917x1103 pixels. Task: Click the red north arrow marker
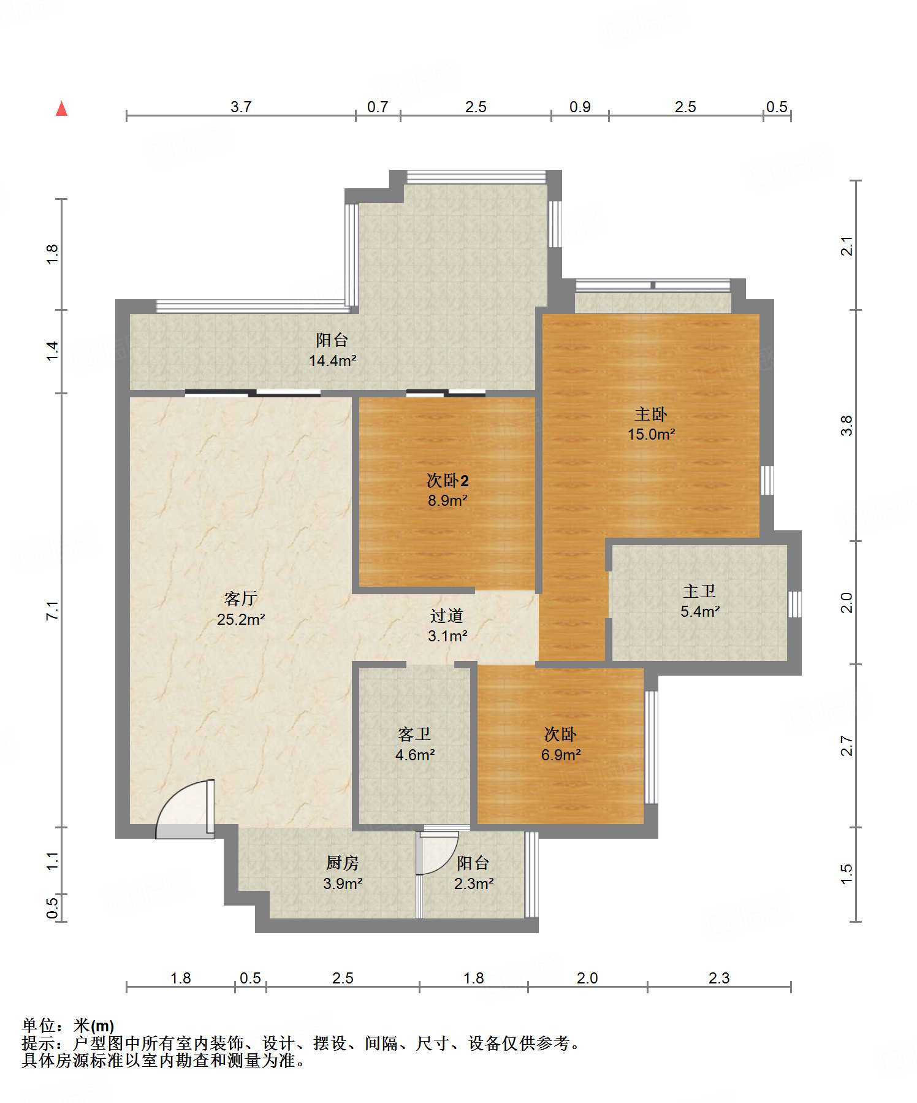click(x=61, y=109)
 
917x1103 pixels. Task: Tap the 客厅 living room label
click(x=240, y=598)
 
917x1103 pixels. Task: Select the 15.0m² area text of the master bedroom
click(x=651, y=435)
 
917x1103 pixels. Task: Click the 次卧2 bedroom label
click(x=447, y=481)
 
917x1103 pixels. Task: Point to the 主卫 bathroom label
click(x=699, y=592)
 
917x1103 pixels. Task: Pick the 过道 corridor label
click(x=447, y=616)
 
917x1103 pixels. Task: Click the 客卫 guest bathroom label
click(x=414, y=734)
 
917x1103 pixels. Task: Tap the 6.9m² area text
click(x=560, y=755)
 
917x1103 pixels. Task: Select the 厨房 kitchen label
click(x=342, y=863)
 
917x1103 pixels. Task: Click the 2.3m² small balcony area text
click(x=474, y=884)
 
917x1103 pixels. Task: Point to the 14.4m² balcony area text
click(x=332, y=361)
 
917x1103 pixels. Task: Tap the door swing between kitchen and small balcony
click(x=438, y=853)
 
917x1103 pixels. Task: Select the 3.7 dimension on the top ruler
click(x=241, y=107)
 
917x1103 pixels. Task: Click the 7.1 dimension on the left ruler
click(x=53, y=611)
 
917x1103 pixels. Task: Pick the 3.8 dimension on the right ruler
click(x=847, y=426)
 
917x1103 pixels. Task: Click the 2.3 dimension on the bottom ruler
click(x=719, y=978)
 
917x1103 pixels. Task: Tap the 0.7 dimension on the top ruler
click(x=378, y=107)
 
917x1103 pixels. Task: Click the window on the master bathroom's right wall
click(x=794, y=604)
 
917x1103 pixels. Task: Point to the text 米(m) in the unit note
click(x=94, y=1025)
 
